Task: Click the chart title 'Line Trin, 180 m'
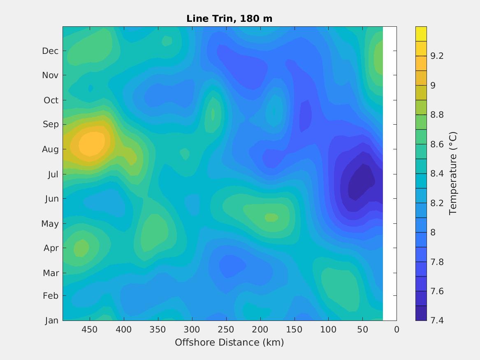click(229, 19)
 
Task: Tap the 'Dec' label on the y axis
click(50, 51)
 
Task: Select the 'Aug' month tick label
click(50, 149)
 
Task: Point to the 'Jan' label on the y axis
click(51, 321)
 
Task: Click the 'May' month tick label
click(50, 224)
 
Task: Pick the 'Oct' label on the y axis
click(51, 100)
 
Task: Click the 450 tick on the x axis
click(89, 329)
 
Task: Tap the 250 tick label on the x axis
click(226, 329)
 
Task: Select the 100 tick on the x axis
click(328, 329)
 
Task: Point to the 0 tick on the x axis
click(397, 329)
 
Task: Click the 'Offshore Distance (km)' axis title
click(229, 342)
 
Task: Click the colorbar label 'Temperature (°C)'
click(453, 173)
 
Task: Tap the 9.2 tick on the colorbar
click(437, 56)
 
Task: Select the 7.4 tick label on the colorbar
click(437, 320)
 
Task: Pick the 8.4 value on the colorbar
click(437, 173)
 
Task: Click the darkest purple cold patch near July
click(361, 181)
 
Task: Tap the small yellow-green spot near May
click(271, 217)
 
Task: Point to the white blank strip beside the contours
click(390, 173)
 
